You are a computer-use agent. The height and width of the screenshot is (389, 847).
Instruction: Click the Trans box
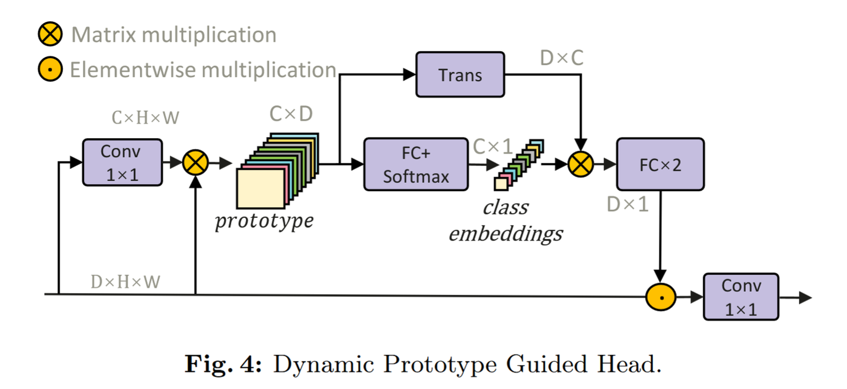(460, 75)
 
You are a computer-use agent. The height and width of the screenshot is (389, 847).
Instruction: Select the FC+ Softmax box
(416, 165)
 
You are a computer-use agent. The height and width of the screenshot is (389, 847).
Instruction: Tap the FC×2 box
(659, 164)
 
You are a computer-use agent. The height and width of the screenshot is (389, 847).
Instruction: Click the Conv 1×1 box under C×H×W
(121, 162)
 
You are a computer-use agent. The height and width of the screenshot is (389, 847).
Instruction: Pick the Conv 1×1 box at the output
(741, 297)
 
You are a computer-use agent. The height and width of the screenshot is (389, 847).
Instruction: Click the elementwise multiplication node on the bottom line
(661, 297)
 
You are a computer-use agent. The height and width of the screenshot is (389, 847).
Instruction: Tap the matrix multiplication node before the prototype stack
(195, 162)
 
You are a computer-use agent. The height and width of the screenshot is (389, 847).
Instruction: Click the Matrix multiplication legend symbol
(51, 34)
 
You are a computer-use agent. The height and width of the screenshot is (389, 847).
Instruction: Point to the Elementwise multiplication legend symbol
(51, 70)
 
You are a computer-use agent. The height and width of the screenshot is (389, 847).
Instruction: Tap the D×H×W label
(125, 282)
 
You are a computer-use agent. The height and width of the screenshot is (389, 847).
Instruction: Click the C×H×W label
(145, 118)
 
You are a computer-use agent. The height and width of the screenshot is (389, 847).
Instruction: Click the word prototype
(264, 221)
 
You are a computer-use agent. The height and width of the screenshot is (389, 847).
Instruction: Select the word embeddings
(505, 234)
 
